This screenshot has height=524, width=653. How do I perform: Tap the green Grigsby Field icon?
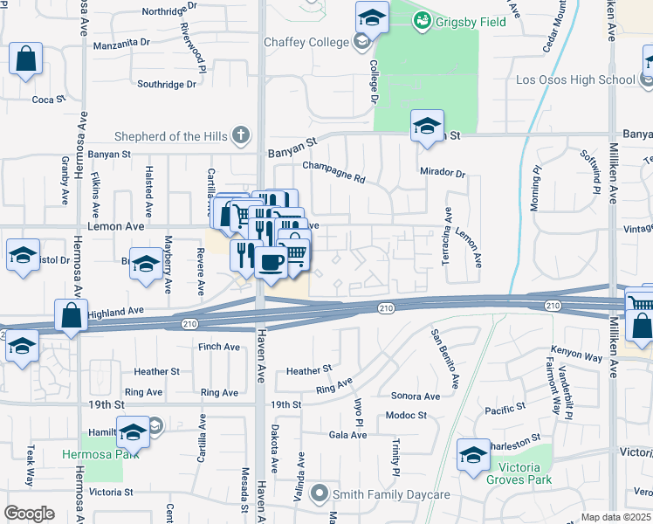tap(422, 19)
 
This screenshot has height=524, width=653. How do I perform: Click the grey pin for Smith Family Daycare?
tap(320, 494)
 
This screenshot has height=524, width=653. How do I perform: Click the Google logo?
tap(28, 514)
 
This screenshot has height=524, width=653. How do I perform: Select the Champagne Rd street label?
tap(333, 170)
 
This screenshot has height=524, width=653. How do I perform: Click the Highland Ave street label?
tap(114, 311)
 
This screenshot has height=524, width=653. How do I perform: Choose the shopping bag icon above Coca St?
tap(26, 59)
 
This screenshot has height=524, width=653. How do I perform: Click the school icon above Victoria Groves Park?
tap(473, 455)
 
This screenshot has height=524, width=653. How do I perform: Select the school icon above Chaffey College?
tap(372, 17)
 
